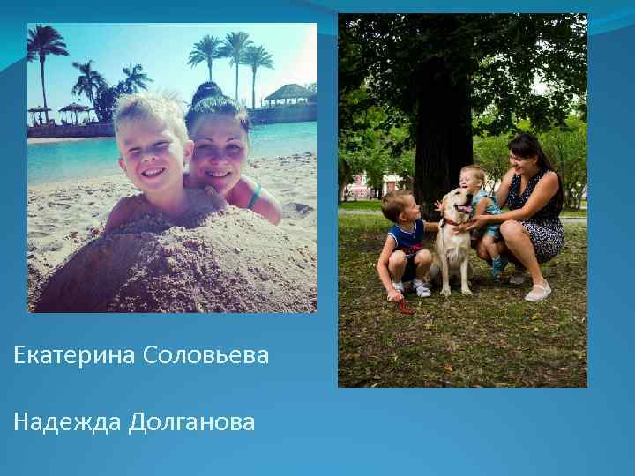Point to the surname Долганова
click(x=191, y=422)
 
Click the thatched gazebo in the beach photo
click(x=288, y=94)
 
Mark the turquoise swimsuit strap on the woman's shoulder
click(x=255, y=195)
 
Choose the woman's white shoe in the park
click(x=537, y=292)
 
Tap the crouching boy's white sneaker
click(x=422, y=288)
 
